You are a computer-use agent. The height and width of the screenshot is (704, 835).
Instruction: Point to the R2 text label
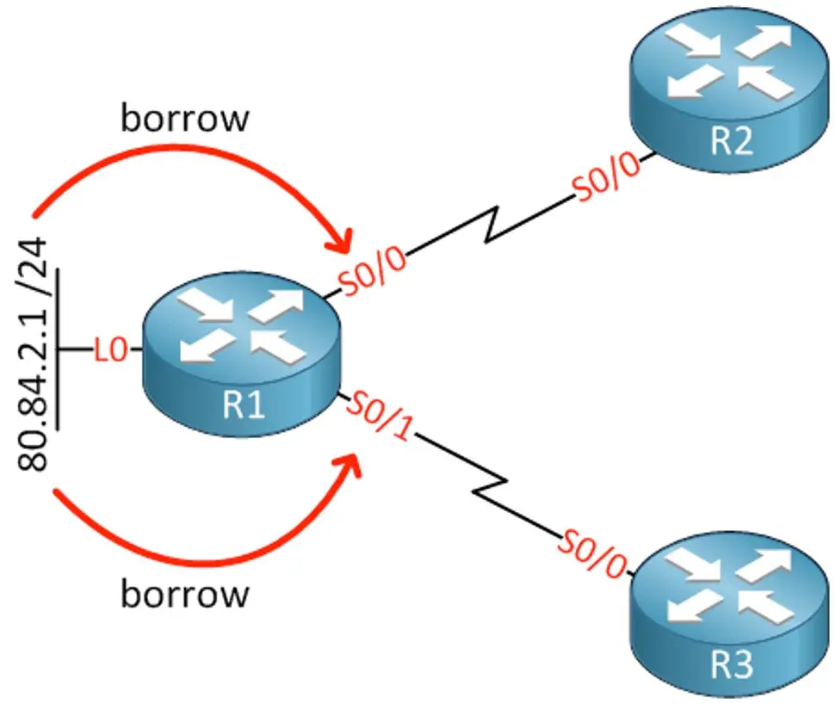click(x=731, y=140)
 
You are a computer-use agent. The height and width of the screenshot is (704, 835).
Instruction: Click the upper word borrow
click(x=184, y=119)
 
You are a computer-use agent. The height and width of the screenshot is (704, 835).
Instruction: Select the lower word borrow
click(x=184, y=594)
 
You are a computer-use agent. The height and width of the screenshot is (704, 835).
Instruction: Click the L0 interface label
click(x=111, y=350)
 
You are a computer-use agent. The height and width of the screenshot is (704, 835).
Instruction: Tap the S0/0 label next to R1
click(x=373, y=269)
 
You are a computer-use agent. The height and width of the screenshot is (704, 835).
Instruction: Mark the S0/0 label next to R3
click(x=591, y=553)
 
